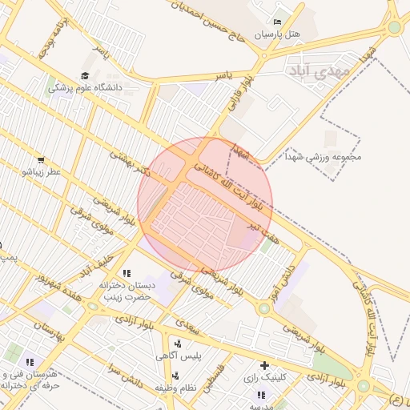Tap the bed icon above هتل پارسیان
click(x=277, y=22)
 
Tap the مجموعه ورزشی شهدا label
click(x=327, y=157)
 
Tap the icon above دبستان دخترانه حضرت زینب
click(x=127, y=274)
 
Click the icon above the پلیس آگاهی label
click(x=177, y=343)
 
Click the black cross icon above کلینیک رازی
click(x=263, y=365)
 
